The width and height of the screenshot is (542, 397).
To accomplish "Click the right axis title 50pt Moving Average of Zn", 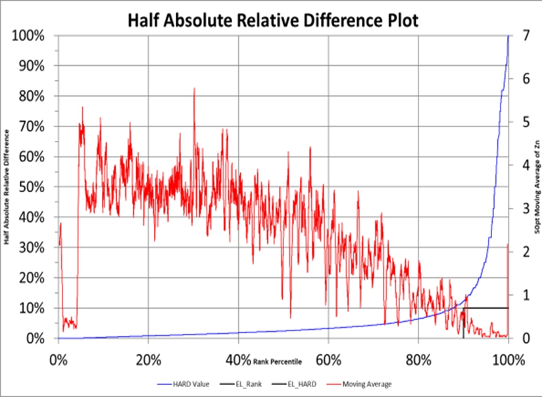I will pos(537,187).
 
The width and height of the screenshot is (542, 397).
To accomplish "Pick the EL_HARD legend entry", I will pos(302,383).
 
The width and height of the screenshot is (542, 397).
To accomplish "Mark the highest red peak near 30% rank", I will pos(194,89).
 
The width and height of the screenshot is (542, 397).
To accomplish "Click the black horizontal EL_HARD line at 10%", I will pos(487,308).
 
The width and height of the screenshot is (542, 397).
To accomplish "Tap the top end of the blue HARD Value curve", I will pos(508,37).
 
